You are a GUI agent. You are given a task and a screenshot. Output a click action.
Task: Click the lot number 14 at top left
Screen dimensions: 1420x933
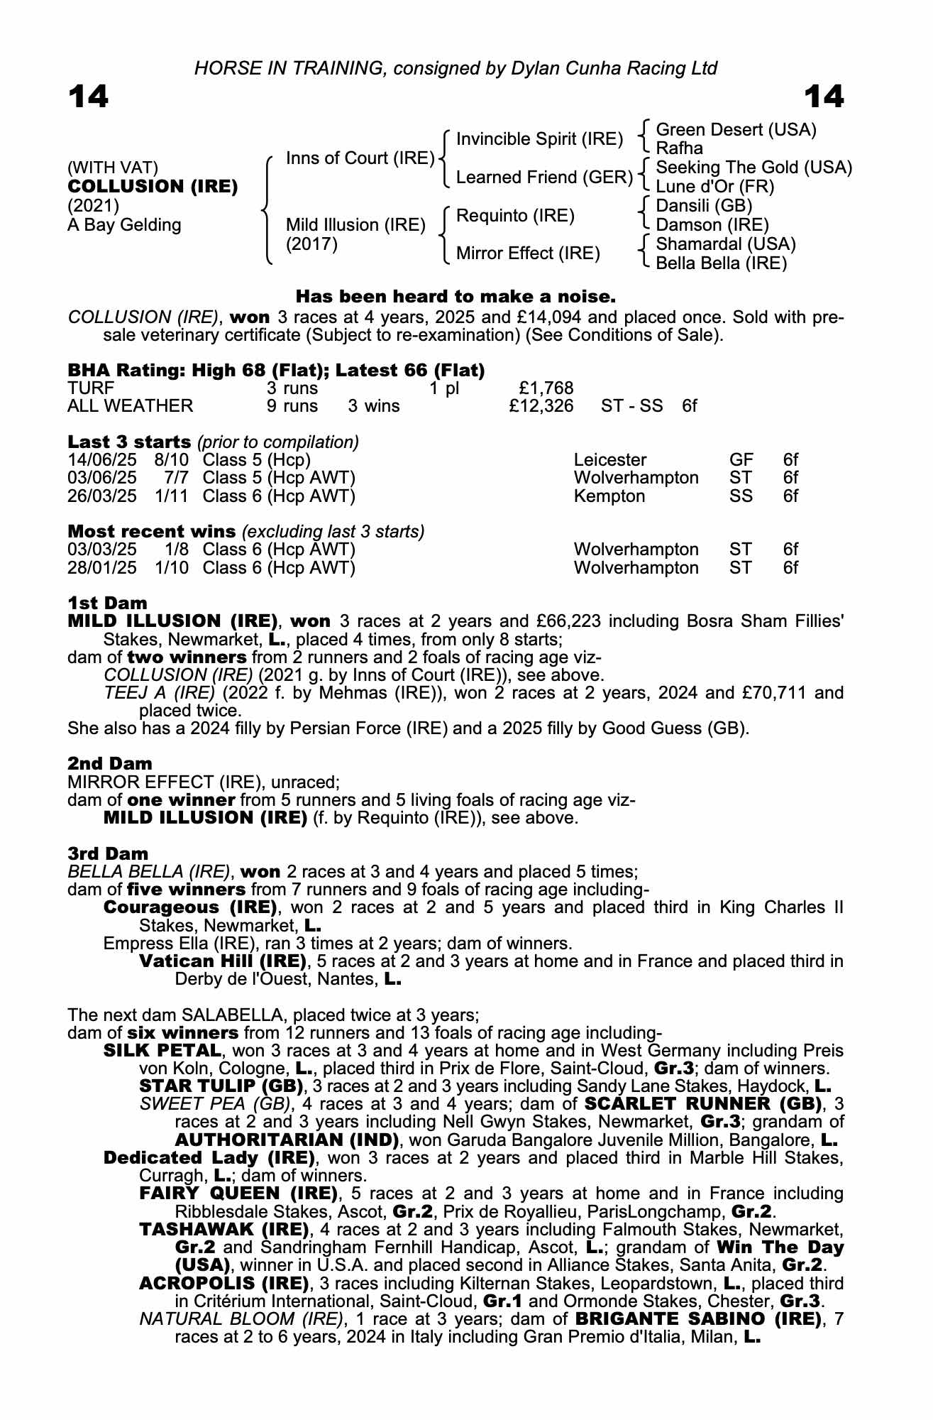coord(89,97)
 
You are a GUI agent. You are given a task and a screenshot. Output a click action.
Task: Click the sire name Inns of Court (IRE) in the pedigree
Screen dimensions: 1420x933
coord(360,158)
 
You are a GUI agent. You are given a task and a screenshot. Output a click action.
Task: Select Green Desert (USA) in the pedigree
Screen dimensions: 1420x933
coord(736,130)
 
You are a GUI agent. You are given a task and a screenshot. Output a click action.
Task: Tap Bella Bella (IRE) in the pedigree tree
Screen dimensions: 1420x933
coord(721,263)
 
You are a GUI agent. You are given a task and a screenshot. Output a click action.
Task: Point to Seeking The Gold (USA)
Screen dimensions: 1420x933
coord(753,168)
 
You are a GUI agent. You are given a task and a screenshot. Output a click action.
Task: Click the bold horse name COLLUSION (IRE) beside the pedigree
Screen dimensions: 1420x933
coord(153,187)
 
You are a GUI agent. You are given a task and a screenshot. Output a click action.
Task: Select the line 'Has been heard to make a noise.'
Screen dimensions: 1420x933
coord(455,295)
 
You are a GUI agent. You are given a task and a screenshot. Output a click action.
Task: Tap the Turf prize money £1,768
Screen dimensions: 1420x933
coord(546,388)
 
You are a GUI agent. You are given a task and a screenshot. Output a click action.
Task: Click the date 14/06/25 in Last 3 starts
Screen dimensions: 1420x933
coord(101,460)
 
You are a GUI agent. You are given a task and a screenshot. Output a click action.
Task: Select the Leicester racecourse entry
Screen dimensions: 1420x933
coord(609,460)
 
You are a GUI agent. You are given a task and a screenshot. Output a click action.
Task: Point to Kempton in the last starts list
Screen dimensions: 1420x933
coord(609,496)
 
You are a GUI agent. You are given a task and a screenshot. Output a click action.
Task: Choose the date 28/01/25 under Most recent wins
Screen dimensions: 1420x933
coord(101,568)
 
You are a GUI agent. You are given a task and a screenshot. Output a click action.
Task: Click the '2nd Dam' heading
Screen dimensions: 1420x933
coord(109,764)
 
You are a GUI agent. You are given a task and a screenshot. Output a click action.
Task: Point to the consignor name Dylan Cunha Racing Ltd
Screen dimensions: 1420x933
coord(603,68)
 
